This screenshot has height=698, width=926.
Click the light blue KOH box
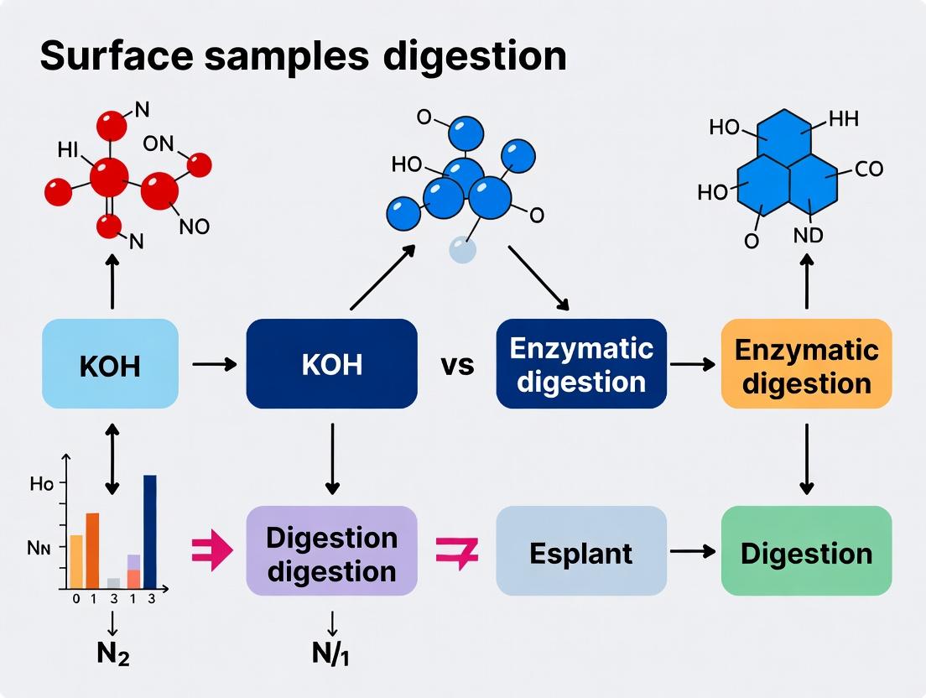click(x=110, y=363)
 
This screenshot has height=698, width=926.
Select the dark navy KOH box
click(x=331, y=363)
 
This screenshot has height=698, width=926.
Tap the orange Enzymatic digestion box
click(x=806, y=363)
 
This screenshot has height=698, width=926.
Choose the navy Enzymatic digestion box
click(x=581, y=363)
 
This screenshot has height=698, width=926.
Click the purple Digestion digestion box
click(x=331, y=551)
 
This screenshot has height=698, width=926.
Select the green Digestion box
click(x=806, y=551)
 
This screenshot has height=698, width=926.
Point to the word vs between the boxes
click(x=457, y=365)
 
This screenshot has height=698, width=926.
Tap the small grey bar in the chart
click(x=113, y=582)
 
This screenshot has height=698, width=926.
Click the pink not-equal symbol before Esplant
click(x=457, y=552)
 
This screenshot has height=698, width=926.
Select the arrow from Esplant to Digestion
click(x=693, y=551)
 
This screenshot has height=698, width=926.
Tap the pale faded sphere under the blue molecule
click(x=462, y=249)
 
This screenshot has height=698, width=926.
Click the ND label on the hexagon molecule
click(x=808, y=236)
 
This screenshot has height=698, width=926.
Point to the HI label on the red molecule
click(x=68, y=149)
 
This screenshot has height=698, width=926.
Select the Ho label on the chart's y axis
click(x=41, y=484)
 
